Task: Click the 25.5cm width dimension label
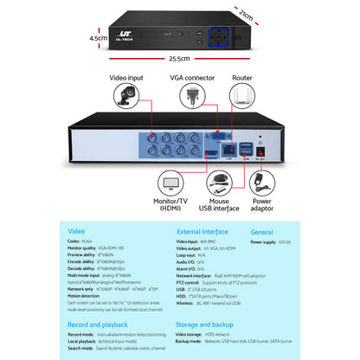click(179, 59)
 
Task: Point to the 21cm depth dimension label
click(246, 16)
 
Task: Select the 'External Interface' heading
click(202, 233)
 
